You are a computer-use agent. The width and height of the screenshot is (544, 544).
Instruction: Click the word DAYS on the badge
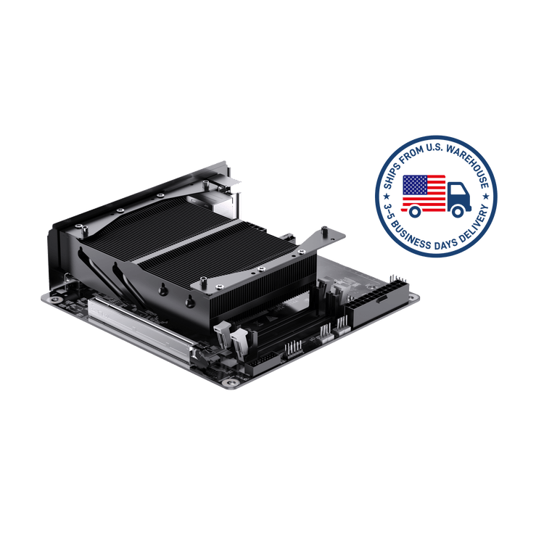pyautogui.click(x=446, y=244)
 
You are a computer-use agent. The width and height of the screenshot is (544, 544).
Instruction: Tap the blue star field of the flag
pyautogui.click(x=414, y=185)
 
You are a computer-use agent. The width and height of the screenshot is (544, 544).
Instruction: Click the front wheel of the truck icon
pyautogui.click(x=458, y=211)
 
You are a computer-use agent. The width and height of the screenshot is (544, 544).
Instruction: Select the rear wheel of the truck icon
pyautogui.click(x=415, y=211)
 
